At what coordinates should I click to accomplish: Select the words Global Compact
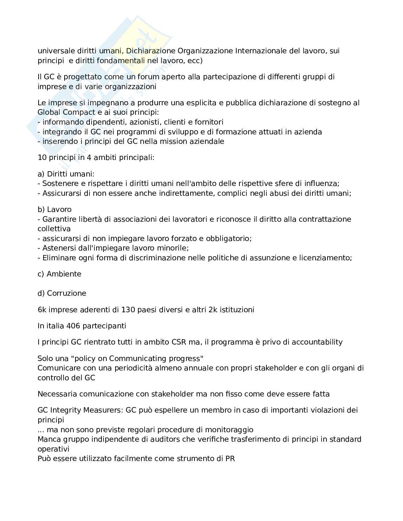click(66, 112)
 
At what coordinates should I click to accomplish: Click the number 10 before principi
click(42, 158)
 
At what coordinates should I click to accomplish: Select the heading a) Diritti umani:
click(66, 174)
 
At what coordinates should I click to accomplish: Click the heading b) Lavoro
click(54, 209)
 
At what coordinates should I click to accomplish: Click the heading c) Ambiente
click(59, 274)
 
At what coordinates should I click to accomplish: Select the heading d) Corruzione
click(62, 293)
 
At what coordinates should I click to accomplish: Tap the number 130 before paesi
click(127, 310)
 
